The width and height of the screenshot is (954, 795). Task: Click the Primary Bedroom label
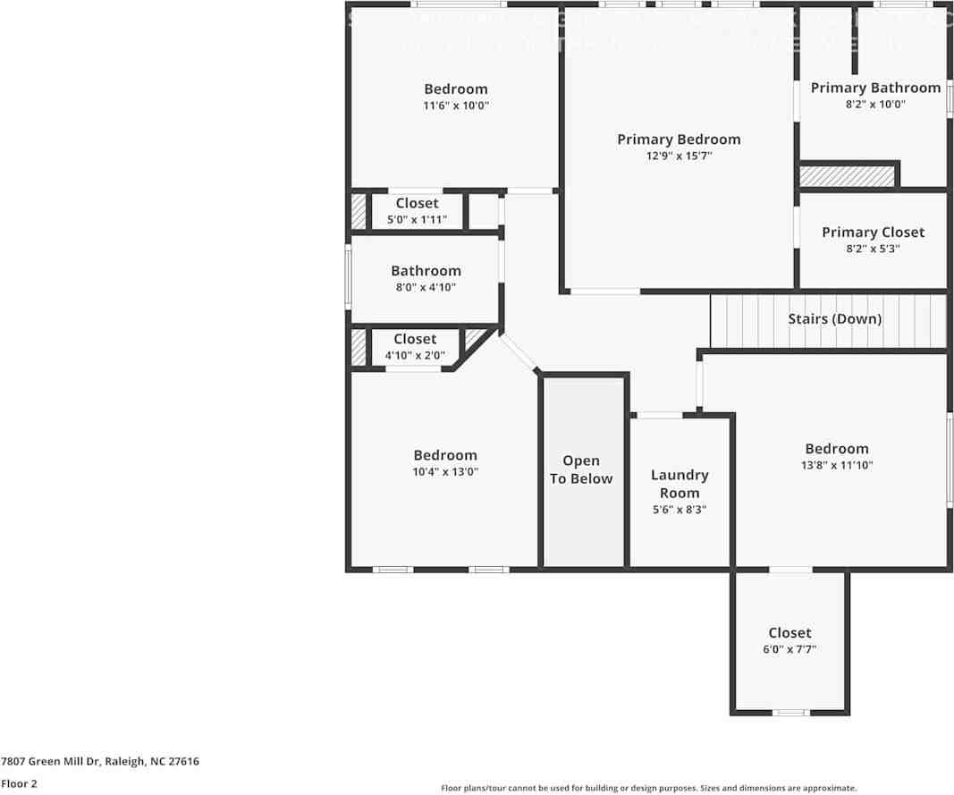pyautogui.click(x=679, y=140)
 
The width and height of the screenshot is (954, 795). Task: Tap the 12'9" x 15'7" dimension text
pyautogui.click(x=679, y=156)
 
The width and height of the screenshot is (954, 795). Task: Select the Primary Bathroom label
pyautogui.click(x=875, y=88)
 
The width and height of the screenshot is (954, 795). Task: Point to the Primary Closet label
pyautogui.click(x=873, y=233)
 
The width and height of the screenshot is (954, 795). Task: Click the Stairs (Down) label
pyautogui.click(x=834, y=319)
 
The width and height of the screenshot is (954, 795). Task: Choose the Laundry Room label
pyautogui.click(x=680, y=484)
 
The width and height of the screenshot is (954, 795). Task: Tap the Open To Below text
pyautogui.click(x=581, y=469)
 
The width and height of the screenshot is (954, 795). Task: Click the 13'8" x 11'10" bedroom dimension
pyautogui.click(x=836, y=465)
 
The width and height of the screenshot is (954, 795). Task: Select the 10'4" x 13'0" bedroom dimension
pyautogui.click(x=444, y=471)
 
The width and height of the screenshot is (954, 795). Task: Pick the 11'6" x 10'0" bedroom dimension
pyautogui.click(x=456, y=106)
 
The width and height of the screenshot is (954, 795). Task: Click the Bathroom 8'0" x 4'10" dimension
pyautogui.click(x=426, y=287)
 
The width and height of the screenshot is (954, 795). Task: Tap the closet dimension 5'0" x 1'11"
pyautogui.click(x=417, y=220)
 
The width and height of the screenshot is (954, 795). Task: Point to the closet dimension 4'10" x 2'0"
pyautogui.click(x=415, y=355)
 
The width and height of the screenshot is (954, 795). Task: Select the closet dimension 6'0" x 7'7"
pyautogui.click(x=789, y=649)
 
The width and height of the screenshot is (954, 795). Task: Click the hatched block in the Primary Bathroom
pyautogui.click(x=847, y=175)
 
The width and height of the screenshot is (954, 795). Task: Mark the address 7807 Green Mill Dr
pyautogui.click(x=100, y=762)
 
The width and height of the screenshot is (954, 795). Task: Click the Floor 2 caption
pyautogui.click(x=19, y=783)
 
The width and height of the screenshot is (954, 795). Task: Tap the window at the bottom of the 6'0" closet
pyautogui.click(x=790, y=713)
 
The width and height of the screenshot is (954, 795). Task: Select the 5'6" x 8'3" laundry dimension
pyautogui.click(x=680, y=510)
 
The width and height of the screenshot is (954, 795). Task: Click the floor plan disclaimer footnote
pyautogui.click(x=648, y=788)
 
